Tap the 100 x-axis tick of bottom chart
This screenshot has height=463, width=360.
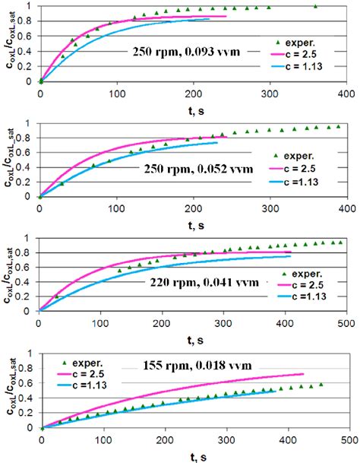coord(103,439)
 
